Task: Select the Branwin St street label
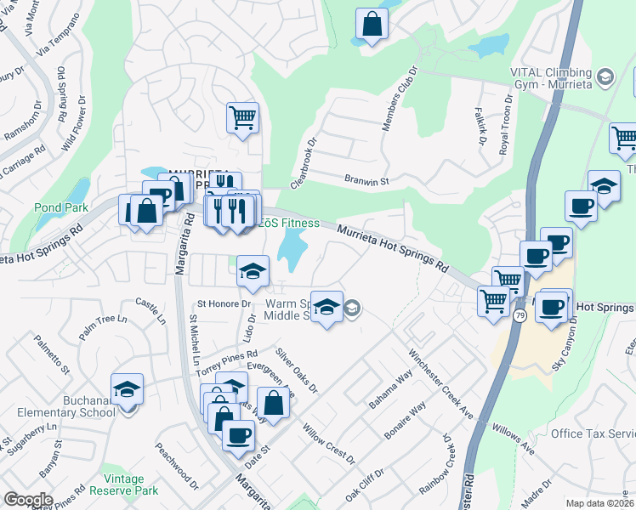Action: (366, 181)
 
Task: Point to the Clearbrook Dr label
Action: (303, 164)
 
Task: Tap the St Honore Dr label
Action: (224, 303)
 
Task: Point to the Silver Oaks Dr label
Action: (297, 371)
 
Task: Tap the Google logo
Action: (28, 500)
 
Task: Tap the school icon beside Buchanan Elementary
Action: (128, 388)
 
